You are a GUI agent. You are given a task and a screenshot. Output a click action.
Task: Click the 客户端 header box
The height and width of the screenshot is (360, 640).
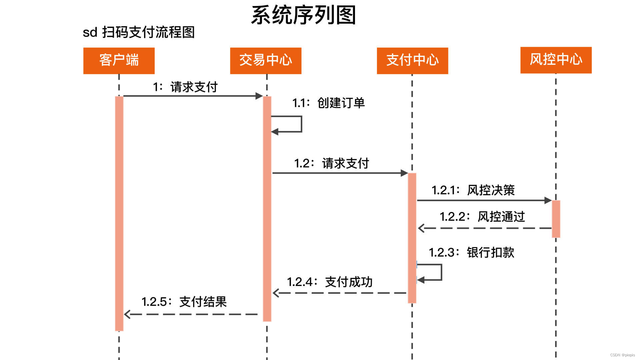[x=119, y=60]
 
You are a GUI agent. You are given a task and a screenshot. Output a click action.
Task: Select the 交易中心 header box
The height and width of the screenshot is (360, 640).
[x=266, y=60]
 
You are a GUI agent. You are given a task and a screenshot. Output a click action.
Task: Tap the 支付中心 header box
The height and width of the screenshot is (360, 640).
[x=412, y=60]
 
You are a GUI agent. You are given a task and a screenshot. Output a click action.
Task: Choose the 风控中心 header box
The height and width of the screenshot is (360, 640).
[x=556, y=60]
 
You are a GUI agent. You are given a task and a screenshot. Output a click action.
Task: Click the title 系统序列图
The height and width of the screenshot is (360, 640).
[x=303, y=15]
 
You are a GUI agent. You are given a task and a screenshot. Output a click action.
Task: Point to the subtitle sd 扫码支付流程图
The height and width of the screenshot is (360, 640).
[x=139, y=32]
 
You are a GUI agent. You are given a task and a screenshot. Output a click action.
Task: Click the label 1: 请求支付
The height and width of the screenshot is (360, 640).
[x=185, y=87]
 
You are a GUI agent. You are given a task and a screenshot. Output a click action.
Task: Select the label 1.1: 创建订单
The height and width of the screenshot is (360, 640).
[x=328, y=103]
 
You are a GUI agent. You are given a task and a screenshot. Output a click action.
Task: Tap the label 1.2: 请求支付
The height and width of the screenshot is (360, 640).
[x=331, y=163]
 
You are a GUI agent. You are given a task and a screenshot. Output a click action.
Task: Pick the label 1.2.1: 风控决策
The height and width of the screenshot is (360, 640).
[x=473, y=190]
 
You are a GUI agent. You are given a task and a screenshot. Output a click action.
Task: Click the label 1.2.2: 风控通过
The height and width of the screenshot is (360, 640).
[x=482, y=217]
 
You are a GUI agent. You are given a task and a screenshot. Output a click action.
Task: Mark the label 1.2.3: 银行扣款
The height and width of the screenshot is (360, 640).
[x=471, y=253]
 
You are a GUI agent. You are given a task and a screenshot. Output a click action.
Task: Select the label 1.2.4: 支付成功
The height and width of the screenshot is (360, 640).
[x=330, y=282]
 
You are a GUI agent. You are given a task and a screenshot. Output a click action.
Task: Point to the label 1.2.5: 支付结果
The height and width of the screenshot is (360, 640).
[x=184, y=302]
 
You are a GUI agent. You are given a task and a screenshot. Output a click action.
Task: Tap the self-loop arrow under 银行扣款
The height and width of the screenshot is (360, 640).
[x=441, y=272]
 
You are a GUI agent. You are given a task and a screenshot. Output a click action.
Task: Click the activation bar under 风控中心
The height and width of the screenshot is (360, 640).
[x=556, y=219]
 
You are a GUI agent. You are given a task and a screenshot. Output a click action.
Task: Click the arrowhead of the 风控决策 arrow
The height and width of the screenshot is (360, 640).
[x=548, y=200]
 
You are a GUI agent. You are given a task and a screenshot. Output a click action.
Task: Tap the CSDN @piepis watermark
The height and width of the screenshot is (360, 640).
[x=622, y=355]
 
